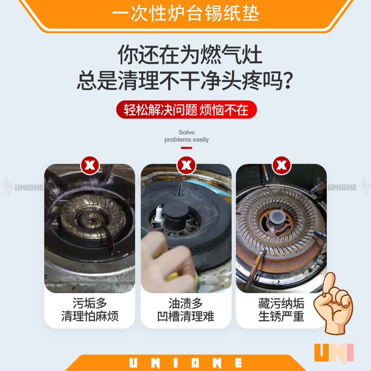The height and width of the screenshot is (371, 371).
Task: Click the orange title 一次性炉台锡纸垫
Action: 185,14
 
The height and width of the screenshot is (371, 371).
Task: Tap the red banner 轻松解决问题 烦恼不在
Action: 187,109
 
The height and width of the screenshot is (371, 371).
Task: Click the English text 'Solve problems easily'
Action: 187,136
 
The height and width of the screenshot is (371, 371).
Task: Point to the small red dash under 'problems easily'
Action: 187,148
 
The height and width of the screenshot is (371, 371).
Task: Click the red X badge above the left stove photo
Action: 90,165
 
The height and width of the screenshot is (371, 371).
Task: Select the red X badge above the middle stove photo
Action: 187,165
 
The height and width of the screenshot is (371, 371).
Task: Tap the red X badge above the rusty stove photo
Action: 282,165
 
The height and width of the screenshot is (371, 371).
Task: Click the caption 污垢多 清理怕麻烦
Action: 90,309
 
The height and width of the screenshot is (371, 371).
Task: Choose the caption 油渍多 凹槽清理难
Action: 186,309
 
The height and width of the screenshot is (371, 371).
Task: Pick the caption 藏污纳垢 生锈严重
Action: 281,309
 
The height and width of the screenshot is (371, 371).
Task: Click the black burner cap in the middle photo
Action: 176,214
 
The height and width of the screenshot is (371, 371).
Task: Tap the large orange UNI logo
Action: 334,353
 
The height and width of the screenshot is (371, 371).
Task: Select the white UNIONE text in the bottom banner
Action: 185,363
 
